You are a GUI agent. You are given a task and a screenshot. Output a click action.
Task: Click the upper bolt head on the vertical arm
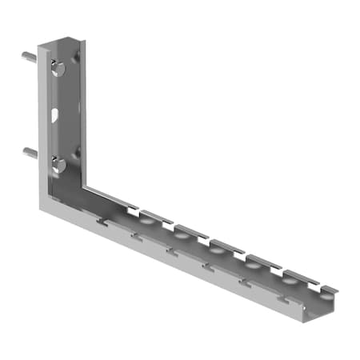(x=58, y=69)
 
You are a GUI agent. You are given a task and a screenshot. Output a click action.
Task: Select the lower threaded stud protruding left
(x=29, y=151)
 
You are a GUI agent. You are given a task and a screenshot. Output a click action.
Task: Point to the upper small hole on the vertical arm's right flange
(x=78, y=57)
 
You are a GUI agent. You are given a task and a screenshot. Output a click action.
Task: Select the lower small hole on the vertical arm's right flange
(x=78, y=151)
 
